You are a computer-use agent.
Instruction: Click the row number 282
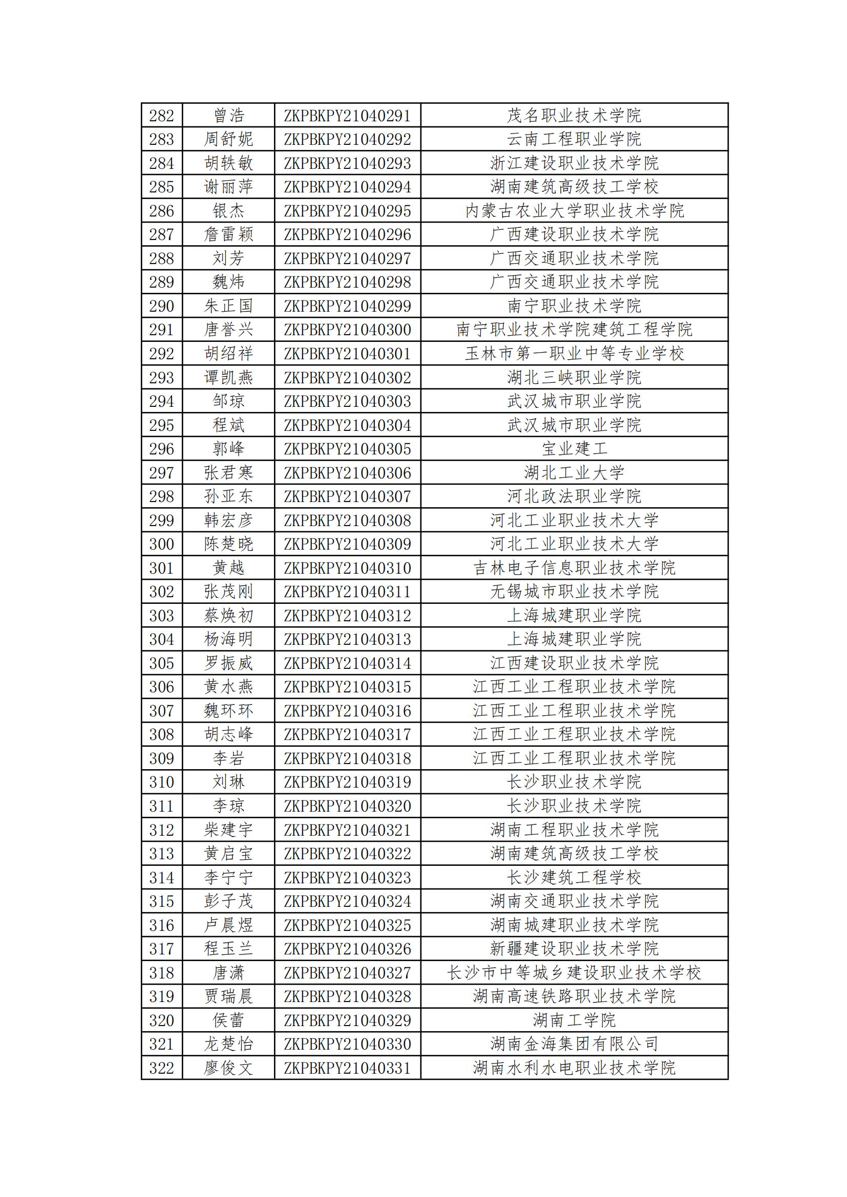(161, 115)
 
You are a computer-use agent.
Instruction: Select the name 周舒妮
(228, 139)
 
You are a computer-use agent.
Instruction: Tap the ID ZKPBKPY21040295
(347, 211)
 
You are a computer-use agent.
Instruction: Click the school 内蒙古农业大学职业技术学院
(574, 211)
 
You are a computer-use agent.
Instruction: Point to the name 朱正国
(228, 306)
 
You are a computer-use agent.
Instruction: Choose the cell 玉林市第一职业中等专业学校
(574, 354)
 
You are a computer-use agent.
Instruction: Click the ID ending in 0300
(347, 330)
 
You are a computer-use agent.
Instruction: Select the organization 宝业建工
(574, 449)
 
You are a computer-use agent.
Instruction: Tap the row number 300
(161, 545)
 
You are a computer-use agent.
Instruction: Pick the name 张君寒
(228, 473)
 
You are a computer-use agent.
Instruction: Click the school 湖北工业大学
(574, 473)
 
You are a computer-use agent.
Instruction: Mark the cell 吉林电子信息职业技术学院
(574, 568)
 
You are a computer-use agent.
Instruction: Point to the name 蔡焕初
(228, 616)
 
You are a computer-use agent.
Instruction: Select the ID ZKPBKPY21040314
(347, 663)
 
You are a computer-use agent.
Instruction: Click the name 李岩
(228, 758)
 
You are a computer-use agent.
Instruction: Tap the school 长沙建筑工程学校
(574, 878)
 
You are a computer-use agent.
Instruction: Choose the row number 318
(161, 973)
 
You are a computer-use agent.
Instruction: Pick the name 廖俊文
(228, 1068)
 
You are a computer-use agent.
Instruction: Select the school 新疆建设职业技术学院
(574, 949)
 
